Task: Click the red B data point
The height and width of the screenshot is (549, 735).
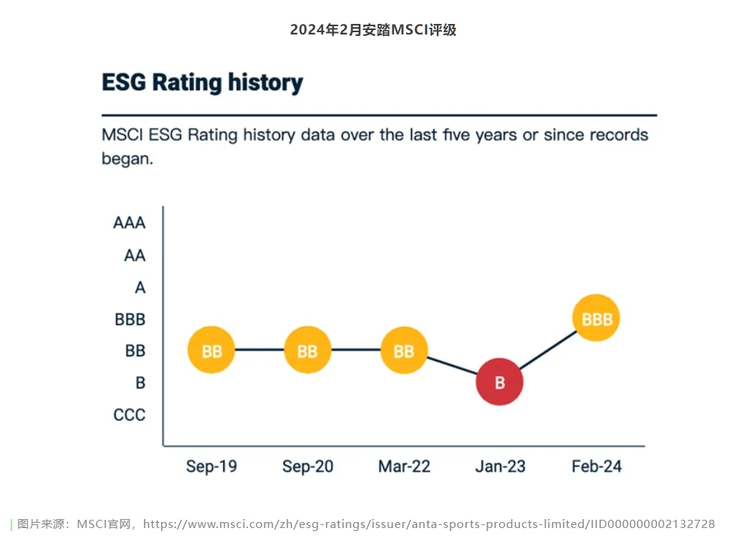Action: [499, 382]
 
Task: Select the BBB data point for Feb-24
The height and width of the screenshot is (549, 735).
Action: [596, 318]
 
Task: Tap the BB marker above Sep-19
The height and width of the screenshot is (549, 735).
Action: [211, 351]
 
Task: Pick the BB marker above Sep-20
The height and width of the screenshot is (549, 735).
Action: [307, 351]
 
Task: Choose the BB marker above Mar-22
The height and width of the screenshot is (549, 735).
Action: [404, 351]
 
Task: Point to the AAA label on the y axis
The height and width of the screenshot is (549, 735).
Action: [130, 223]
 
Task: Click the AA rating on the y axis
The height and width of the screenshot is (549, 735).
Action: [135, 255]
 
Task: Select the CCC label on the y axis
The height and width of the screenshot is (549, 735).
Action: [130, 415]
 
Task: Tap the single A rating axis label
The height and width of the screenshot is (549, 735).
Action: [140, 288]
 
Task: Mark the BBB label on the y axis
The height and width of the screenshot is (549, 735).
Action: [130, 320]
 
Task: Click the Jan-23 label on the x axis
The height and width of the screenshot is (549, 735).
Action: [500, 467]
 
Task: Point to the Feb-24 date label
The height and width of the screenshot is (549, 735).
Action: [596, 467]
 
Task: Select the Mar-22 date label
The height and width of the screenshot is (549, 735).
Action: [404, 467]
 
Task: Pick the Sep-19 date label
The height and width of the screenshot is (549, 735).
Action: [211, 467]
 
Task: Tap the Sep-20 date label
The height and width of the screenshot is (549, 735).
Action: [307, 467]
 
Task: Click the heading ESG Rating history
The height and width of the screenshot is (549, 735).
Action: [202, 82]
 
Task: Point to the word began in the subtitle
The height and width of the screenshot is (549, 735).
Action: [127, 159]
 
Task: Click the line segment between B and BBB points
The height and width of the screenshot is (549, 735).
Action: [548, 351]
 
